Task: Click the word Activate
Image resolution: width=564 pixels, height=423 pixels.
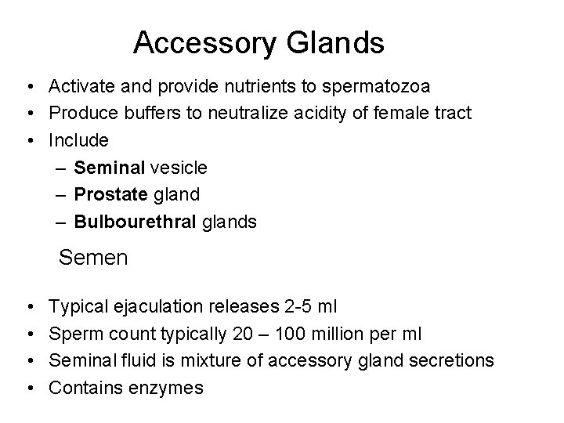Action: (x=78, y=85)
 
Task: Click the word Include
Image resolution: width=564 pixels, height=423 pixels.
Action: (x=79, y=140)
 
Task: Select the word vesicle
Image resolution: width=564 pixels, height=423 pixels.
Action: (x=179, y=168)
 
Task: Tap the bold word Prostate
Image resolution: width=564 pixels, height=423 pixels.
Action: (x=110, y=194)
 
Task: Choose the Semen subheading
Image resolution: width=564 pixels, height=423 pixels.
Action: (x=93, y=257)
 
